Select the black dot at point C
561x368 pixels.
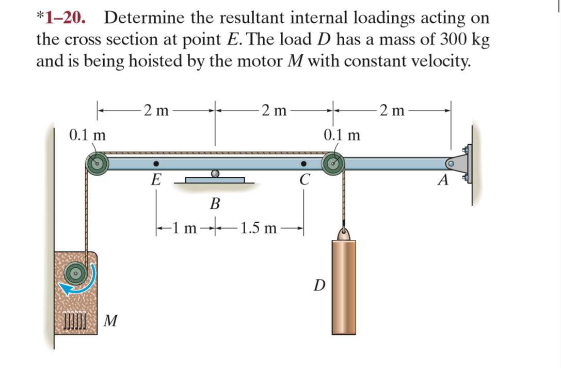(x=304, y=164)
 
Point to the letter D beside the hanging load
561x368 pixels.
(x=319, y=285)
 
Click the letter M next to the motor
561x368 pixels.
(x=109, y=321)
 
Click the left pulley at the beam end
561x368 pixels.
(x=97, y=164)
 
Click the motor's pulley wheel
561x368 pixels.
(x=75, y=272)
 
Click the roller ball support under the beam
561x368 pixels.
(x=215, y=174)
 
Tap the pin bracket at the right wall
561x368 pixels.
(x=462, y=164)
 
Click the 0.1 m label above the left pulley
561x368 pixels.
(x=87, y=135)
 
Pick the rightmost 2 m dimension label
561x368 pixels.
(x=392, y=110)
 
